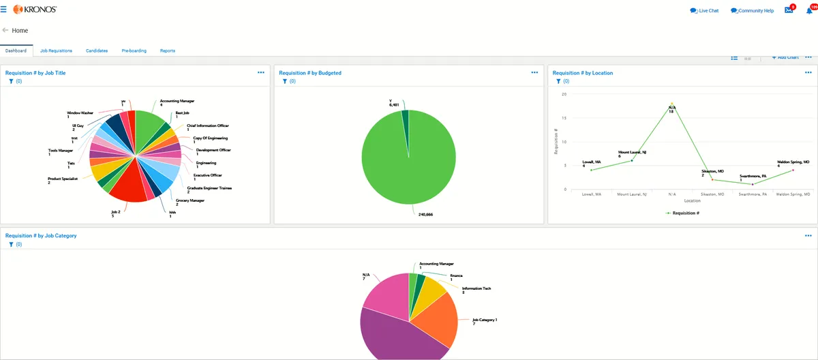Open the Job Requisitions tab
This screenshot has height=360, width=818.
click(x=56, y=50)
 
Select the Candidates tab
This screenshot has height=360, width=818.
click(x=97, y=50)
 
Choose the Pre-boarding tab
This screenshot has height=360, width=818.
click(x=134, y=50)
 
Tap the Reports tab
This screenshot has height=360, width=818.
click(x=168, y=50)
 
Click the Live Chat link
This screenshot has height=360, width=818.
click(x=704, y=11)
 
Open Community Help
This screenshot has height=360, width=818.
click(x=752, y=11)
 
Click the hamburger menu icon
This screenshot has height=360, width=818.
click(x=4, y=10)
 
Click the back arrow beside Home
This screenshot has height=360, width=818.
click(x=5, y=31)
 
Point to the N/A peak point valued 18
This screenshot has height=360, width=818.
click(x=671, y=104)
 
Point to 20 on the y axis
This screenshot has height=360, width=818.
click(x=563, y=94)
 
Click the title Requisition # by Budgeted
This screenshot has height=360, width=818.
click(x=310, y=73)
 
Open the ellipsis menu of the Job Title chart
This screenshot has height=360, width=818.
click(x=261, y=72)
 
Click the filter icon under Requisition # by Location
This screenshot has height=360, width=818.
click(x=558, y=81)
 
